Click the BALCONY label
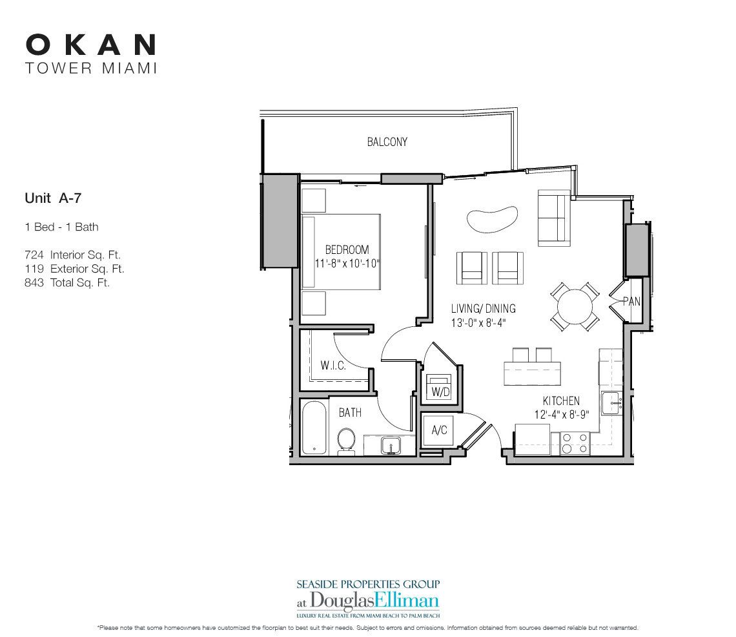(387, 141)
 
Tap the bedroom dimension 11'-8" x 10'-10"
(347, 263)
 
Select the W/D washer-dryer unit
(440, 387)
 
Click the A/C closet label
(440, 430)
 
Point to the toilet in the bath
(347, 441)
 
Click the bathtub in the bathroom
(314, 428)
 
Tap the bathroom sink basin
(390, 445)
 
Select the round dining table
(575, 306)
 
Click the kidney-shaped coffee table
(492, 220)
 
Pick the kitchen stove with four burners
(575, 443)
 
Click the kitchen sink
(612, 404)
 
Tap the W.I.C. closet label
(333, 365)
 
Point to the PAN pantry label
(631, 301)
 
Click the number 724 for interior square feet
(34, 255)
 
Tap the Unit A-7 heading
(53, 198)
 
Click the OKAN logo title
(90, 45)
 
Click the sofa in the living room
(554, 218)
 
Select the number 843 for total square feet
(34, 282)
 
